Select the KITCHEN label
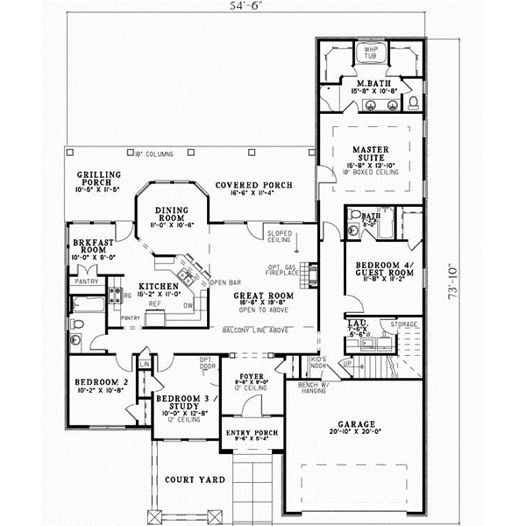pos(159,287)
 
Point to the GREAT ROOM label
pos(257,296)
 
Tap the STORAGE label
pos(404,324)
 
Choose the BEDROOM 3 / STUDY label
pos(181,402)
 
